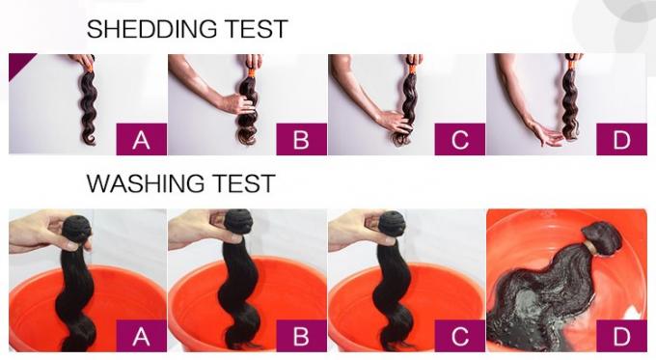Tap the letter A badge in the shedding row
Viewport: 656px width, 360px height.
click(142, 140)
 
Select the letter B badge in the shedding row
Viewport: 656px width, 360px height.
click(301, 140)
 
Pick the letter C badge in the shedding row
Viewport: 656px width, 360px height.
click(460, 140)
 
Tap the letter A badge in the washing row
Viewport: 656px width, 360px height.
click(142, 337)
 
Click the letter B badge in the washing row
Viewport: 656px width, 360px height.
click(301, 337)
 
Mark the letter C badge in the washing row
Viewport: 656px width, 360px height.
click(460, 337)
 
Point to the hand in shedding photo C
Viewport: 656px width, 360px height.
click(395, 122)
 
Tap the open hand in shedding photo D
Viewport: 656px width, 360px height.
click(547, 133)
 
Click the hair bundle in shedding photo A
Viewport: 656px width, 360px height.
click(88, 101)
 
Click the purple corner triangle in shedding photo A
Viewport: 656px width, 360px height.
click(18, 63)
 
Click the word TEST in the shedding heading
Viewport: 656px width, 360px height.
click(256, 29)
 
